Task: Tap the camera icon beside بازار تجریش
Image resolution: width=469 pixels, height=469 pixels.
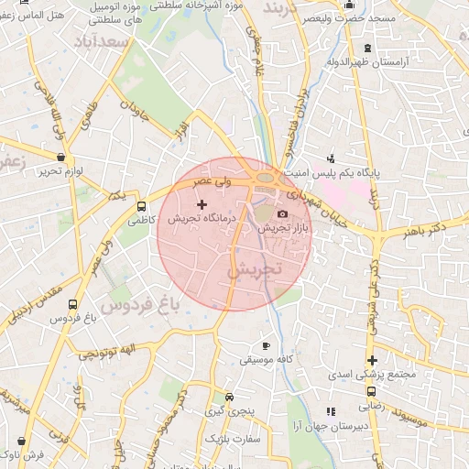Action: (281, 213)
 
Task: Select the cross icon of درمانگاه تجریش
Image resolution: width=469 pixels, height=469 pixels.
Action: (202, 204)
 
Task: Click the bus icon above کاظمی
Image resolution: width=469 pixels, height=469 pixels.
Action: (140, 206)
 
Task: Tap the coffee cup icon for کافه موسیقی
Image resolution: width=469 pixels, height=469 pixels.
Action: (266, 345)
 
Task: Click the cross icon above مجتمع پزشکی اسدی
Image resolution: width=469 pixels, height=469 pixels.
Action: (371, 359)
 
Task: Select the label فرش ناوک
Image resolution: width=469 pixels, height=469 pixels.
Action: (38, 455)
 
